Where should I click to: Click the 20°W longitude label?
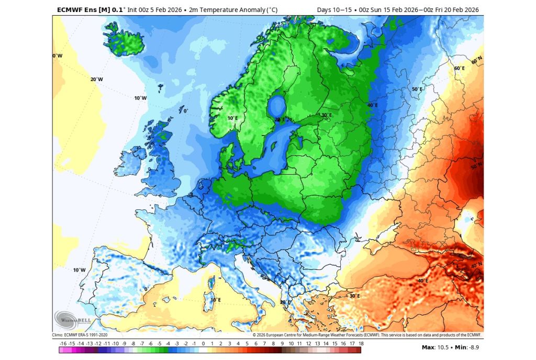tap(96, 80)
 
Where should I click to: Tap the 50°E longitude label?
tap(417, 89)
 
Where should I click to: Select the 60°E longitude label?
tap(459, 69)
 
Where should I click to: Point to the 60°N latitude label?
tap(476, 62)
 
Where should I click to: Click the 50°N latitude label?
tap(476, 166)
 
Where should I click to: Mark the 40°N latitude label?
tap(476, 265)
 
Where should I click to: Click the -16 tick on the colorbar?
tap(63, 344)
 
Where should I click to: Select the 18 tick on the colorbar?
tap(361, 344)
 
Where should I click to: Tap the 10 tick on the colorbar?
tap(291, 344)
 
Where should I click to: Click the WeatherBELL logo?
tap(66, 320)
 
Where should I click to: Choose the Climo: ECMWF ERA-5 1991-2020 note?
tap(80, 335)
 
